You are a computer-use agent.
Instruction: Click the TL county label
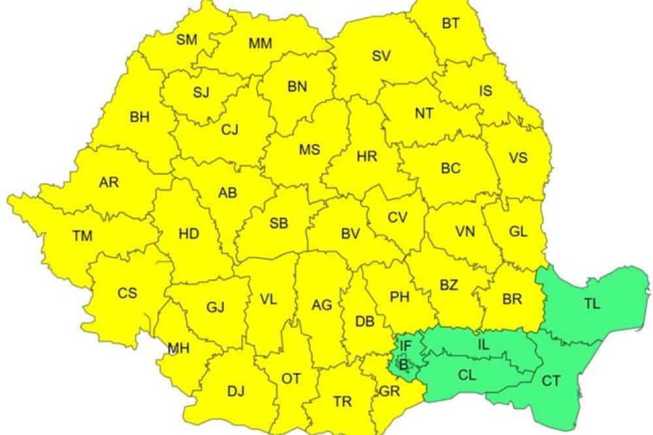[592, 303]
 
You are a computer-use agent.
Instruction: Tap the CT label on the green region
[551, 381]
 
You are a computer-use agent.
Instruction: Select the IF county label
[406, 346]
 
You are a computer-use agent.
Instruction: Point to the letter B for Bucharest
[404, 365]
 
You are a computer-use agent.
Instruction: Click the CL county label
[467, 375]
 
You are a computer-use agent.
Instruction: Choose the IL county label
[483, 344]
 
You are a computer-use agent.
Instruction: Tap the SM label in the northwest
[187, 40]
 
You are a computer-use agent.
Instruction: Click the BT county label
[451, 23]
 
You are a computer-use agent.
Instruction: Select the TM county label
[82, 236]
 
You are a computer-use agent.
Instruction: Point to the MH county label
[178, 349]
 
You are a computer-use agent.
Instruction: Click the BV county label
[351, 233]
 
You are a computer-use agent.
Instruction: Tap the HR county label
[367, 157]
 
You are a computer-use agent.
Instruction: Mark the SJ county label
[201, 92]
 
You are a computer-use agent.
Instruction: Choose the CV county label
[397, 218]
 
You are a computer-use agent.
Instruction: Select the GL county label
[518, 232]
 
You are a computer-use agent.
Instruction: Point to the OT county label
[291, 378]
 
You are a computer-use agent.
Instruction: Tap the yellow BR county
[513, 299]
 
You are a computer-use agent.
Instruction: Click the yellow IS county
[485, 91]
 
